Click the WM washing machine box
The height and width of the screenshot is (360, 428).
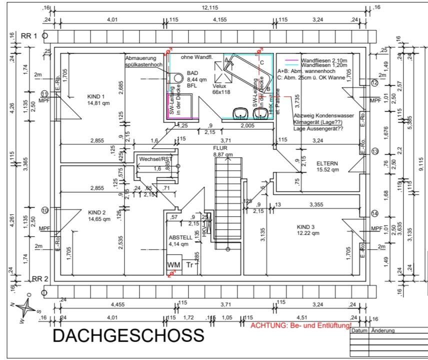[x=173, y=264]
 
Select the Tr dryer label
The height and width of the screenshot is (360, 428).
[x=189, y=265]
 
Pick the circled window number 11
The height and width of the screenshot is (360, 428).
[x=44, y=93]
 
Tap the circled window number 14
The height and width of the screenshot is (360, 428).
[x=375, y=213]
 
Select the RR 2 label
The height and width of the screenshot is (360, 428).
[x=39, y=278]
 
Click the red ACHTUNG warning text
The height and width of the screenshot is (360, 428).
[x=301, y=326]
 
